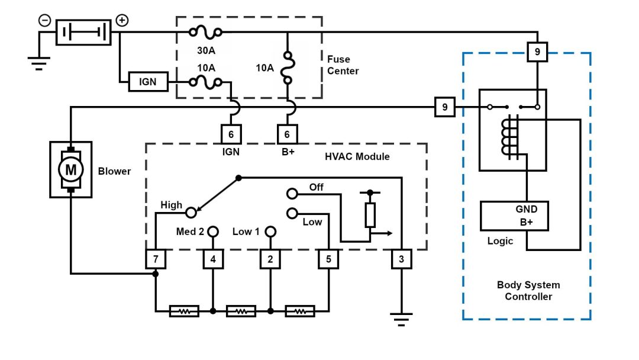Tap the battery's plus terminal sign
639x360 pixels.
tap(121, 20)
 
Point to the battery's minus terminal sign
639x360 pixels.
tap(45, 20)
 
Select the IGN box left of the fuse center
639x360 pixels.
tap(148, 81)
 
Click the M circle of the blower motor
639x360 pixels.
tap(70, 170)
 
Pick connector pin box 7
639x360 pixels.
tap(156, 259)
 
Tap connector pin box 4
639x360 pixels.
tap(213, 259)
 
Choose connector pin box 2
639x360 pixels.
tap(270, 259)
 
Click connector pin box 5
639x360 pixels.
tap(328, 259)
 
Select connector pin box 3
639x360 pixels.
tap(401, 259)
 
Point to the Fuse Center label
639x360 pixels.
tap(343, 65)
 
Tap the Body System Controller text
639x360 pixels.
tap(528, 290)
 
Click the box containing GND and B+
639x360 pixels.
tap(514, 216)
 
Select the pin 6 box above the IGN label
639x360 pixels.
tap(231, 134)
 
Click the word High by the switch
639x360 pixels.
tap(172, 205)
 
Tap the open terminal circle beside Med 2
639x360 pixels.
tap(213, 231)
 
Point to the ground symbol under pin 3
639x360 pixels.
tap(401, 319)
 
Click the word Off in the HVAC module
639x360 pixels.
tap(317, 187)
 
